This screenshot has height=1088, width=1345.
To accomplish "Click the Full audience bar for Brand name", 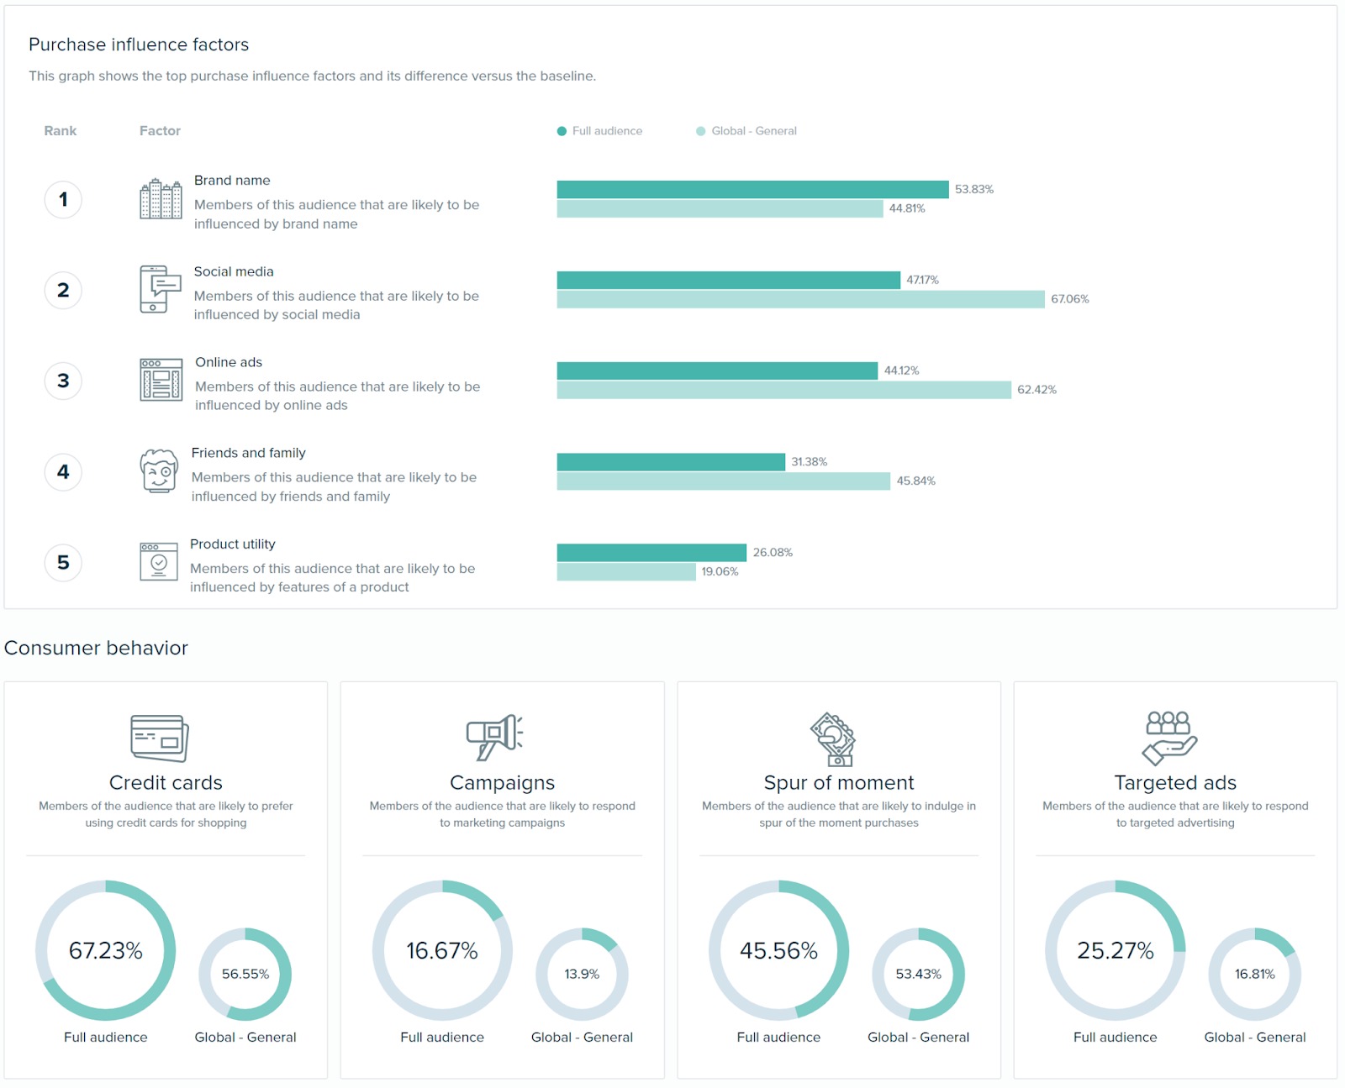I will (x=752, y=189).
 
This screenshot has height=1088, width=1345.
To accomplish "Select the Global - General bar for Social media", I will (x=800, y=299).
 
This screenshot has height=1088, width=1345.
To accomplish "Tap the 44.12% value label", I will (x=901, y=371).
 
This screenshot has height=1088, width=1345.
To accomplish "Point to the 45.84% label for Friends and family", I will (x=915, y=481).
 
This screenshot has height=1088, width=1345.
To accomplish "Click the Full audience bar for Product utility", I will (x=651, y=552).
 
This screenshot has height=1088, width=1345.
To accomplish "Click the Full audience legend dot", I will (x=562, y=131).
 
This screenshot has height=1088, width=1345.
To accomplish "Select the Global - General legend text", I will (x=753, y=131).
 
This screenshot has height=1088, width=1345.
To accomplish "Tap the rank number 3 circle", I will (x=63, y=381).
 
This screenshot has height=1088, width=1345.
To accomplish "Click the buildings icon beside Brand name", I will (x=161, y=199).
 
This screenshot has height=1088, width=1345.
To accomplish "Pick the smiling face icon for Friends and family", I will (x=159, y=471).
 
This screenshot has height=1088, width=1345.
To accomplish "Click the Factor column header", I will (x=160, y=131).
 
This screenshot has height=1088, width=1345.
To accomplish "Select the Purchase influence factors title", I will (x=139, y=45).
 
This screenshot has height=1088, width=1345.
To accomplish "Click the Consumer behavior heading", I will (x=96, y=648).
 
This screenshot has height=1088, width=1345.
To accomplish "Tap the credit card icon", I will (x=160, y=738).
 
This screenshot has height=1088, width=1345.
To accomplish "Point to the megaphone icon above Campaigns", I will (x=495, y=737).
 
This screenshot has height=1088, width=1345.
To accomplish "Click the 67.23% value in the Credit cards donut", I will (x=106, y=950).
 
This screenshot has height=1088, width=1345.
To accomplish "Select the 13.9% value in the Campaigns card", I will (x=582, y=974).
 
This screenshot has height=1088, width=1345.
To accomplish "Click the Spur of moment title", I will (x=838, y=782).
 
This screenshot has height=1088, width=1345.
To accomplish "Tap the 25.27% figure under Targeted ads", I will (x=1116, y=950).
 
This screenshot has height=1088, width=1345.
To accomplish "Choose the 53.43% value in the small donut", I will (x=918, y=974).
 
